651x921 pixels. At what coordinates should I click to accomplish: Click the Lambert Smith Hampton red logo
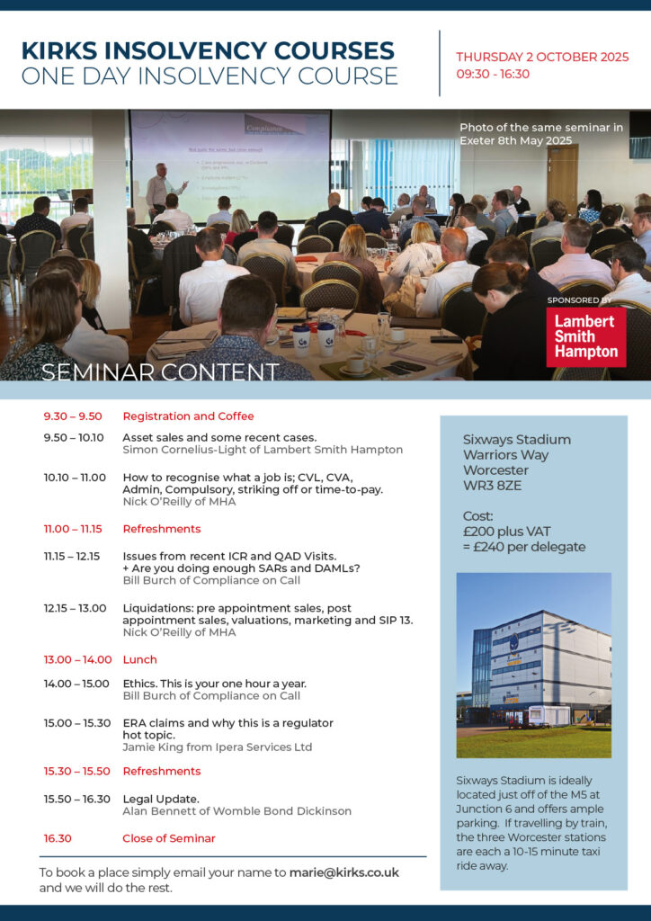pyautogui.click(x=586, y=337)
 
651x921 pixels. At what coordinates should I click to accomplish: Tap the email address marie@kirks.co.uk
pyautogui.click(x=344, y=872)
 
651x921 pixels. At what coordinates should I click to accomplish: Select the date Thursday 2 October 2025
pyautogui.click(x=542, y=57)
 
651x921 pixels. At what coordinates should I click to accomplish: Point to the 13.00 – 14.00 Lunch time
pyautogui.click(x=77, y=659)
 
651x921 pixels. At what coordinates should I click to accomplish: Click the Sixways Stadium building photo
pyautogui.click(x=533, y=665)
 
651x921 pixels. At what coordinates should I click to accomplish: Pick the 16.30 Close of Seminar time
pyautogui.click(x=58, y=838)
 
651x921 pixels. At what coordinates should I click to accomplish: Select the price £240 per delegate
pyautogui.click(x=524, y=547)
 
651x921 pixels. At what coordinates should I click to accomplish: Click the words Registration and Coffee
pyautogui.click(x=189, y=416)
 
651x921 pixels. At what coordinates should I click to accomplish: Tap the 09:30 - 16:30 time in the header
pyautogui.click(x=493, y=74)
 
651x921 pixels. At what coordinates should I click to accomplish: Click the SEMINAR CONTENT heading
pyautogui.click(x=160, y=372)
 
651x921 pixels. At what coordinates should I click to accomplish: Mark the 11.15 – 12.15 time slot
pyautogui.click(x=72, y=556)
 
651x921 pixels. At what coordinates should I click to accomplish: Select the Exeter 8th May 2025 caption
pyautogui.click(x=515, y=140)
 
